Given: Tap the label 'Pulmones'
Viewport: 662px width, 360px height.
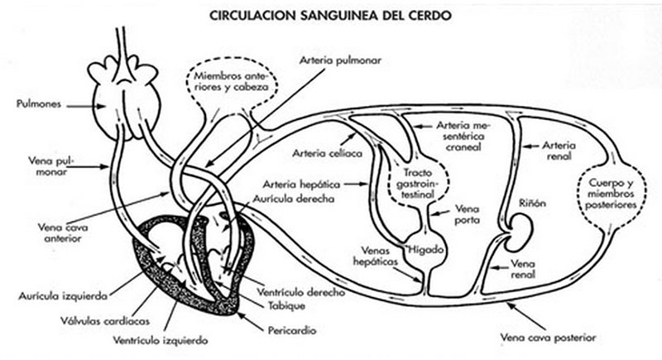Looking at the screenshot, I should [x=36, y=104].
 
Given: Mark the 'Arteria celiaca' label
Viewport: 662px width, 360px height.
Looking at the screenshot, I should [x=318, y=152].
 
